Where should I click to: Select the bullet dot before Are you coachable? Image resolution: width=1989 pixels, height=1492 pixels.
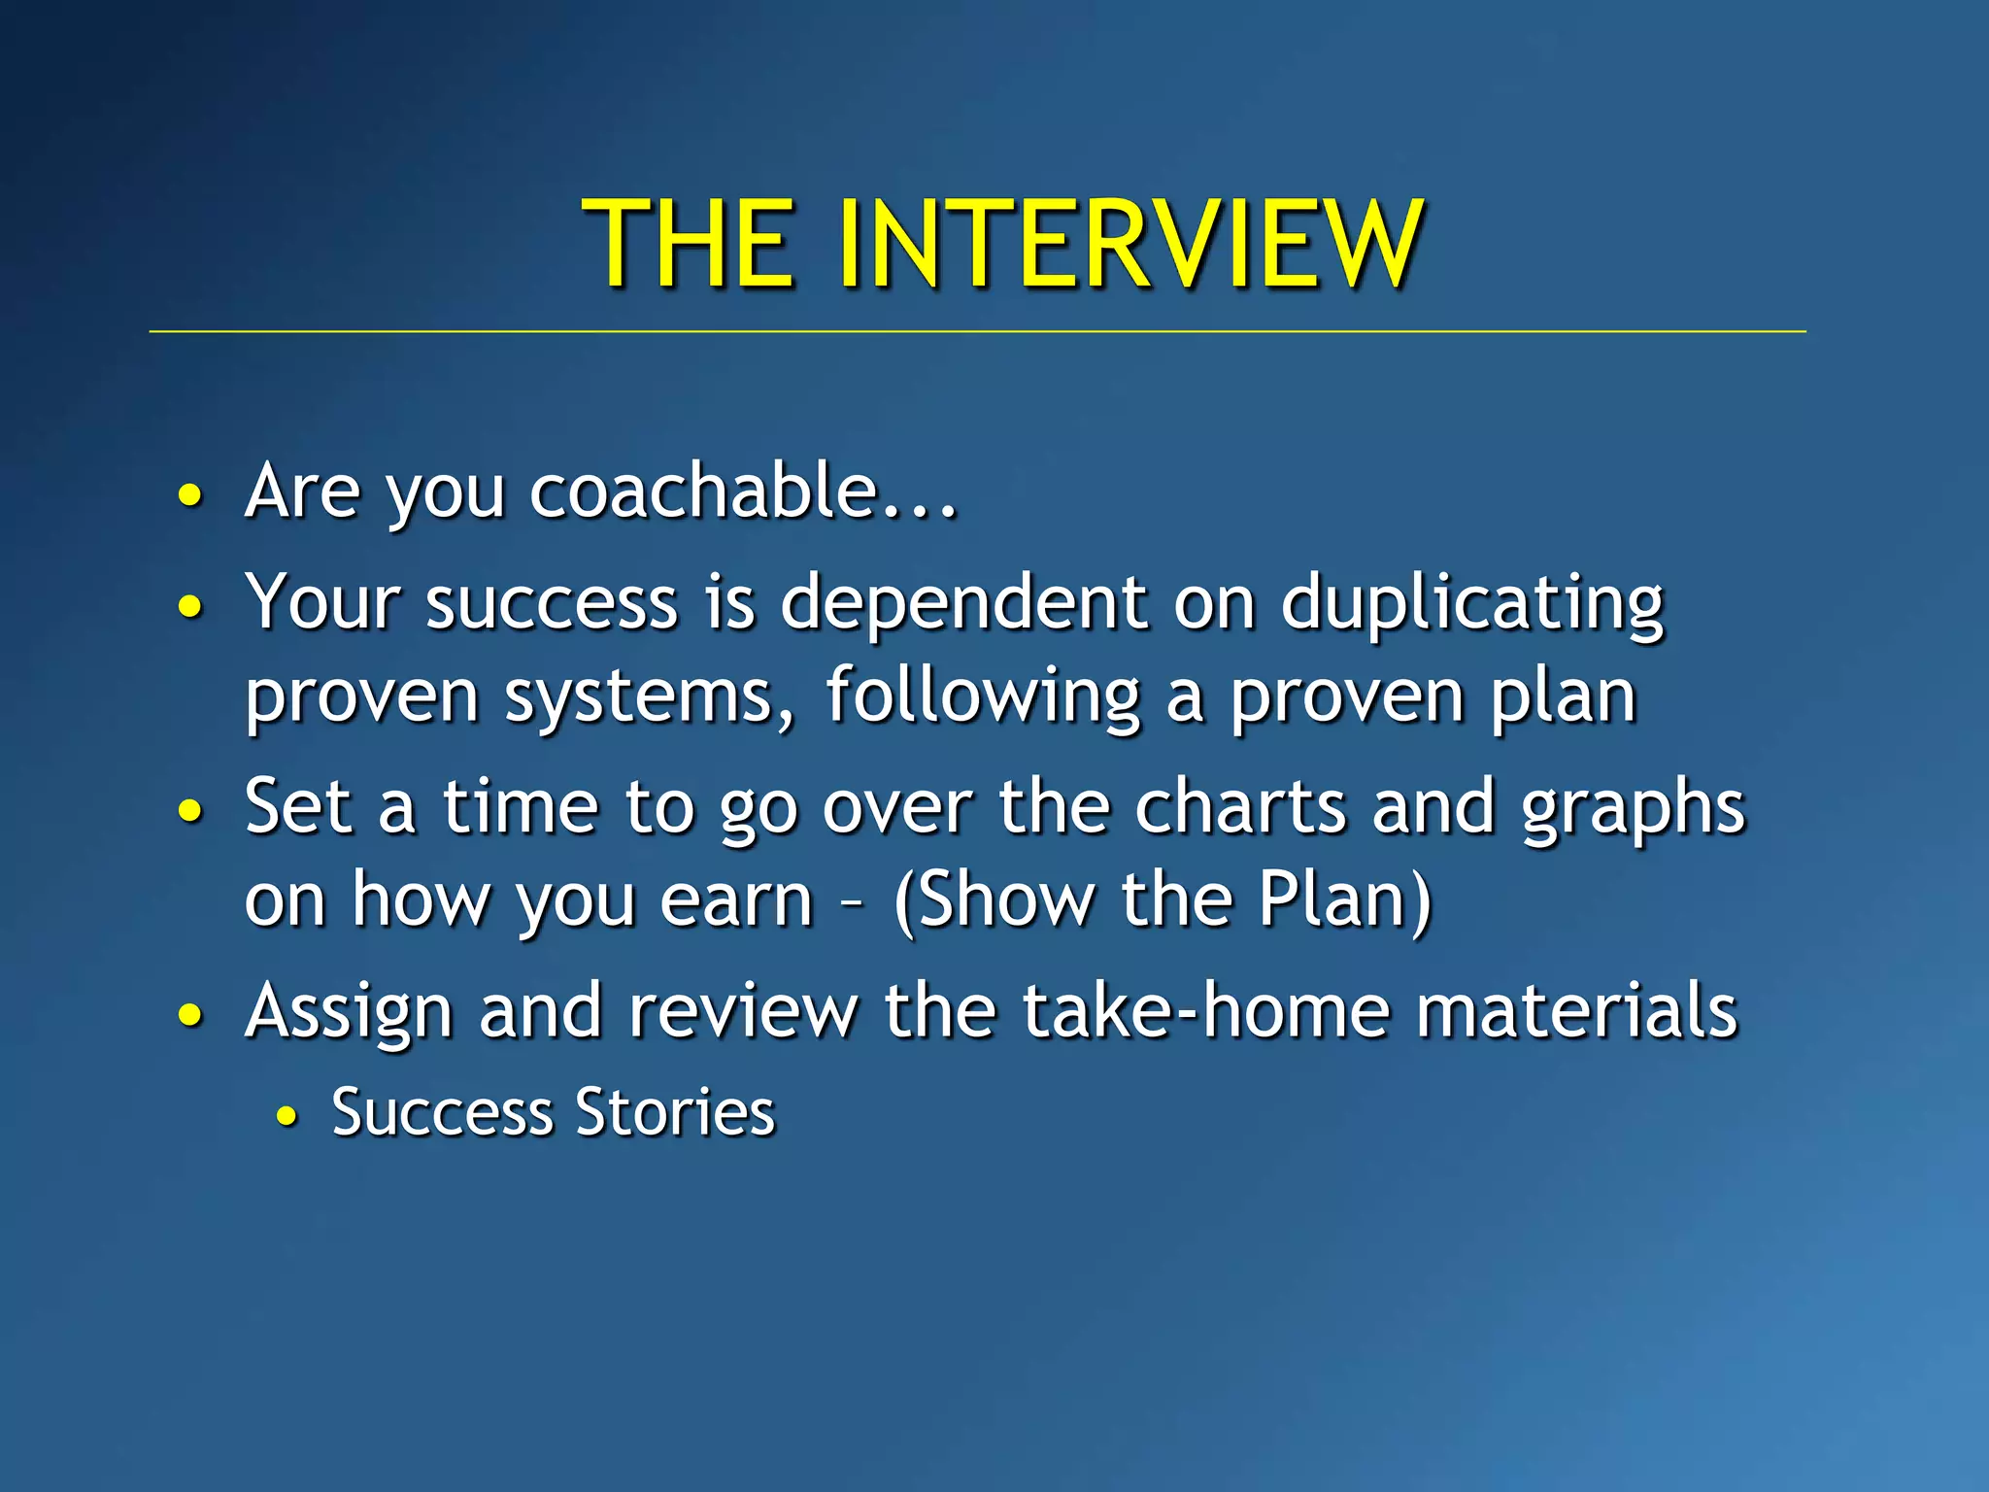click(x=191, y=496)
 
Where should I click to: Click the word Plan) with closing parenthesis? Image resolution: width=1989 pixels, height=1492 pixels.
click(x=1345, y=899)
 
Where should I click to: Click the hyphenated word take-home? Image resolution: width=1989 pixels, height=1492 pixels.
click(x=1207, y=1010)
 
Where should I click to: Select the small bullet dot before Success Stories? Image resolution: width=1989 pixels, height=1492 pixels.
click(x=286, y=1117)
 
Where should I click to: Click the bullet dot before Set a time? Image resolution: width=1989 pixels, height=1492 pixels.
click(x=191, y=811)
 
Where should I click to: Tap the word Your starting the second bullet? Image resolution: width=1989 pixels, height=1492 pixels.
click(x=322, y=602)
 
